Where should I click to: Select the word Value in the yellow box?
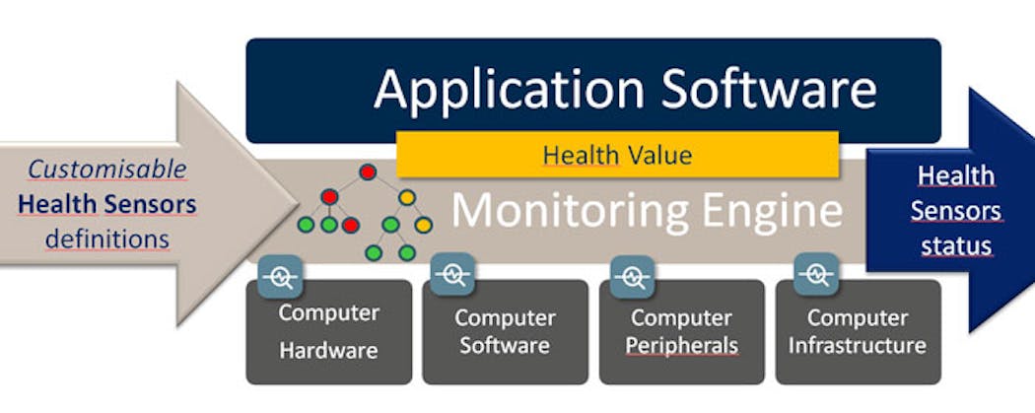659,155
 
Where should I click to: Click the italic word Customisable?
107,170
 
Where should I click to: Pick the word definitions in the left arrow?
107,239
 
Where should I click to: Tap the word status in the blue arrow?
956,246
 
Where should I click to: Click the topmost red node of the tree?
368,172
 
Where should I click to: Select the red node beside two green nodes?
351,225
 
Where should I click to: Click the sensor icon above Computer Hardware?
280,276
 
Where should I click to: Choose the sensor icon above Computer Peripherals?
633,276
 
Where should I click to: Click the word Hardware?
328,350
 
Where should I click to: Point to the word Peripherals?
682,345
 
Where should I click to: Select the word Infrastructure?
858,344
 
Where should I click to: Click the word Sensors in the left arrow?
151,204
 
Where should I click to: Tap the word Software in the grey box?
505,345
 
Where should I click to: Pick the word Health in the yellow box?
581,155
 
